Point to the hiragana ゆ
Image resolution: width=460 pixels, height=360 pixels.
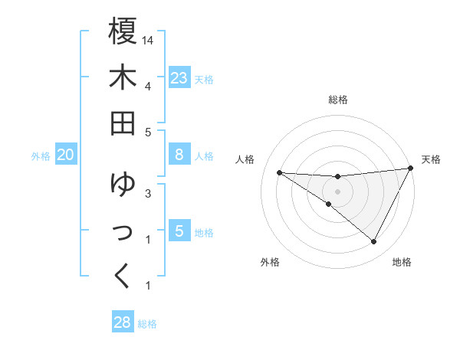coord(123,183)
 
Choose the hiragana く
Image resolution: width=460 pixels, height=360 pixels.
coord(123,275)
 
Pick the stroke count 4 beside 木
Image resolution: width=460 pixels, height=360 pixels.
coord(147,86)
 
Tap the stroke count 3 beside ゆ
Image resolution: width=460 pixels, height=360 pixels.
coord(147,193)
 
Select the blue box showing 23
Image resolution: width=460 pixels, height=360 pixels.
coord(179,78)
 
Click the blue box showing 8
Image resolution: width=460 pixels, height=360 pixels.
coord(179,155)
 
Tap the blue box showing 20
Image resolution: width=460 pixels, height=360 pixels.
coord(65,155)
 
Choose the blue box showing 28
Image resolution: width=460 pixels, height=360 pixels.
coord(123,322)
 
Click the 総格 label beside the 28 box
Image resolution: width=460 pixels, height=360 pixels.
coord(147,324)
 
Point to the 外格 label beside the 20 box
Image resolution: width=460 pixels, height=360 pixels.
coord(41,156)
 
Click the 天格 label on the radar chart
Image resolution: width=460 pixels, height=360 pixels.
coord(431,159)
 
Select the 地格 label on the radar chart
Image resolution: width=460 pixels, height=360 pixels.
coord(402,262)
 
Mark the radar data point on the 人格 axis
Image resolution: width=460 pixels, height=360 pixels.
coord(279,172)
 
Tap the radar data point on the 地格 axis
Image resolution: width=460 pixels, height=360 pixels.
coord(374,242)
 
